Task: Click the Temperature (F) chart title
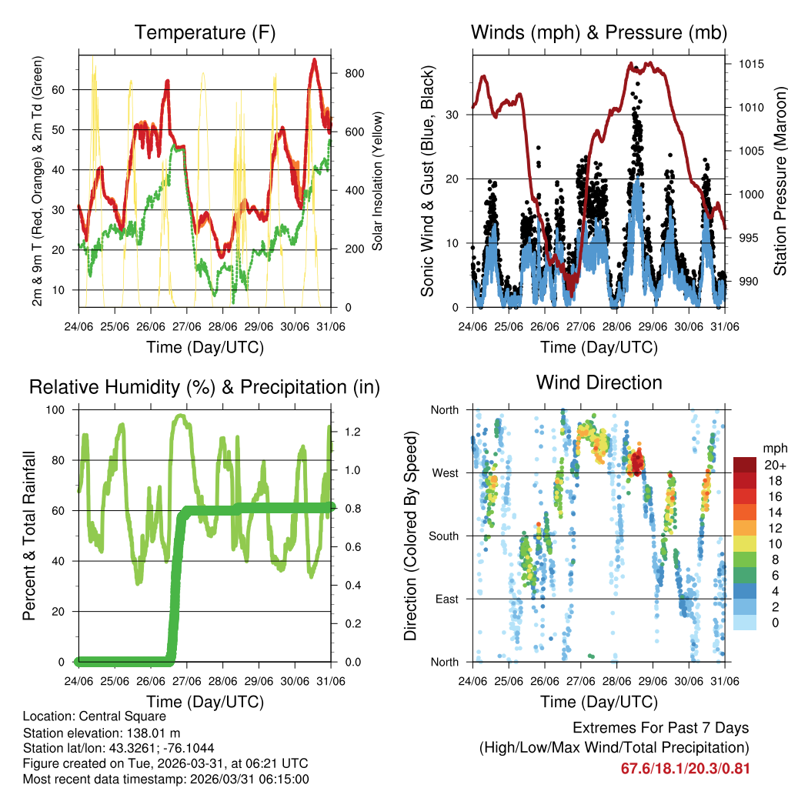pyautogui.click(x=205, y=32)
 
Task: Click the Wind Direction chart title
pyautogui.click(x=599, y=382)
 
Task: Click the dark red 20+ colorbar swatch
pyautogui.click(x=744, y=465)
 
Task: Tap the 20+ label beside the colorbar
pyautogui.click(x=774, y=465)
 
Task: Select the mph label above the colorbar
pyautogui.click(x=773, y=448)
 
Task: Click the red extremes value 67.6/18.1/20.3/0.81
pyautogui.click(x=685, y=768)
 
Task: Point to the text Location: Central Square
pyautogui.click(x=89, y=716)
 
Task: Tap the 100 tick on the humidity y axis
pyautogui.click(x=62, y=409)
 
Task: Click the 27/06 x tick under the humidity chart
pyautogui.click(x=187, y=681)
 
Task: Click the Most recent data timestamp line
pyautogui.click(x=165, y=779)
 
